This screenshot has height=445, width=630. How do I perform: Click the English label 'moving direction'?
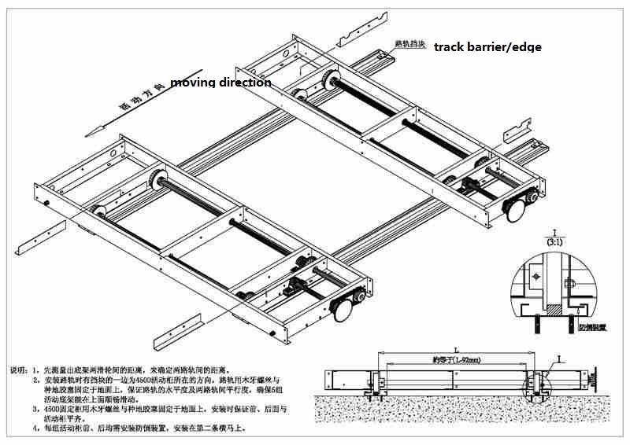pos(220,83)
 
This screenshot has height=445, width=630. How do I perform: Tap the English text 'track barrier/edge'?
pos(488,47)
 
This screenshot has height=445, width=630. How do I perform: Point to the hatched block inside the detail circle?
pos(556,311)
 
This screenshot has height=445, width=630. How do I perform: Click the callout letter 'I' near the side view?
pos(558,359)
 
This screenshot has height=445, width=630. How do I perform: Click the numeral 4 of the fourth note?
pos(35,428)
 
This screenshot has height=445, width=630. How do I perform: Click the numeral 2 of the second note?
pos(35,379)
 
